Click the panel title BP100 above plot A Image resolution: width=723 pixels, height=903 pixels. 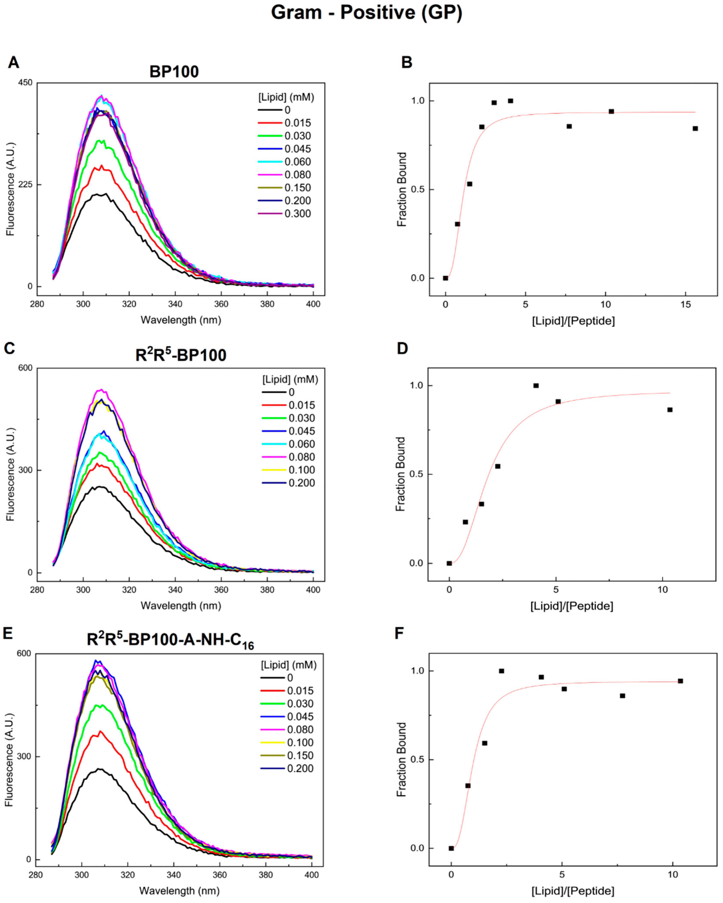click(174, 72)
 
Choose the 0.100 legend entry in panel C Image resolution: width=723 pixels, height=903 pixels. click(302, 470)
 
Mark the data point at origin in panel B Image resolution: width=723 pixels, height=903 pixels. click(445, 278)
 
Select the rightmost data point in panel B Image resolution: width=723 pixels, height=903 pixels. click(695, 128)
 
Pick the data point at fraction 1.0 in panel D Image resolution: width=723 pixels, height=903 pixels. click(536, 385)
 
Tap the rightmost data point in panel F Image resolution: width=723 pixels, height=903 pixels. click(680, 681)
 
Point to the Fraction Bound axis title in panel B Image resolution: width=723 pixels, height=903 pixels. click(402, 189)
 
